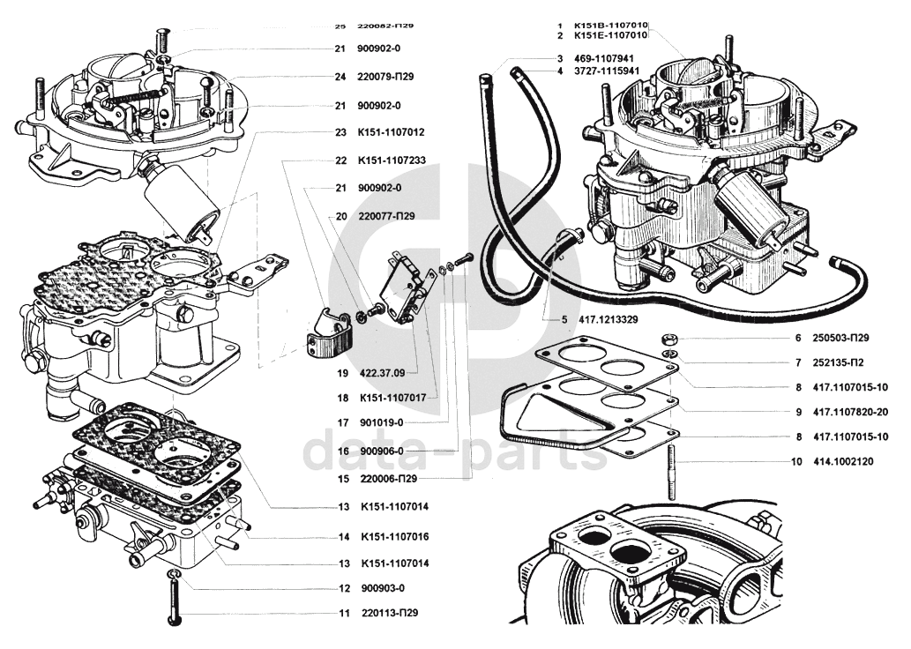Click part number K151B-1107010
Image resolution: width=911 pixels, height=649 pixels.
[611, 25]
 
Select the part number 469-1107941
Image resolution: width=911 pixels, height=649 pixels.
[605, 58]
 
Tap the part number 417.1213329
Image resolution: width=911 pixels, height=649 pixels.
[603, 319]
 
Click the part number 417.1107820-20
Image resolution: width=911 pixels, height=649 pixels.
[850, 412]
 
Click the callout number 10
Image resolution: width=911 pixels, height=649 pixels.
[796, 461]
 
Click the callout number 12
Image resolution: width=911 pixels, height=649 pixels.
[344, 588]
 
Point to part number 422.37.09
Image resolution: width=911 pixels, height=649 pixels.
[383, 372]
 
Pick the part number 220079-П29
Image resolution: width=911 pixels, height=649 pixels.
[387, 77]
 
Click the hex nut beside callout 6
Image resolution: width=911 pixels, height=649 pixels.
[670, 339]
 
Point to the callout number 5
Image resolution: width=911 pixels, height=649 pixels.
[564, 319]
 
